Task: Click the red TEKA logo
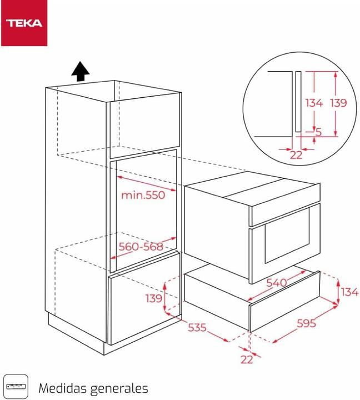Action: [24, 23]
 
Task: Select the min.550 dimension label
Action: [143, 196]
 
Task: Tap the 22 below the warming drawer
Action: [247, 359]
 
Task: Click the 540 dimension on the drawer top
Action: [276, 283]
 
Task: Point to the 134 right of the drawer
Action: [349, 292]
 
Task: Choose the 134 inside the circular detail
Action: [314, 103]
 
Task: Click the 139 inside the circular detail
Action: [338, 103]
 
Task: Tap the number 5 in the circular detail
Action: [318, 132]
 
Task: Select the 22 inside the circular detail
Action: [296, 155]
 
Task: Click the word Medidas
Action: [62, 387]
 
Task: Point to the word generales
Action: [117, 388]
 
